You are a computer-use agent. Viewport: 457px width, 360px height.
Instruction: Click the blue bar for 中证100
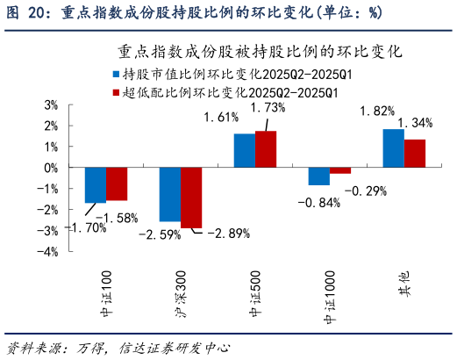coord(96,185)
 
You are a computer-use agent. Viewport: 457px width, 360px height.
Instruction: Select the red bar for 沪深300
coord(191,198)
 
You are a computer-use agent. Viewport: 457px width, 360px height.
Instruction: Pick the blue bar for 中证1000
coord(318,176)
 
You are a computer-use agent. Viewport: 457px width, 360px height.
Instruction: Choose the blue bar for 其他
coord(393,148)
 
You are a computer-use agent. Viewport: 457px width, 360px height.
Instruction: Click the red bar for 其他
coord(415,154)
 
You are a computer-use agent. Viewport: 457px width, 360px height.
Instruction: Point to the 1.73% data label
coord(268,107)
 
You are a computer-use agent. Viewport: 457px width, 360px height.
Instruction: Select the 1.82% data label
coord(377,111)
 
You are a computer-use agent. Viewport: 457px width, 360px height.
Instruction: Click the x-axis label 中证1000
coord(331,291)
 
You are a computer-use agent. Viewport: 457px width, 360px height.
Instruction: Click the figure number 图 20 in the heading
coord(25,12)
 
